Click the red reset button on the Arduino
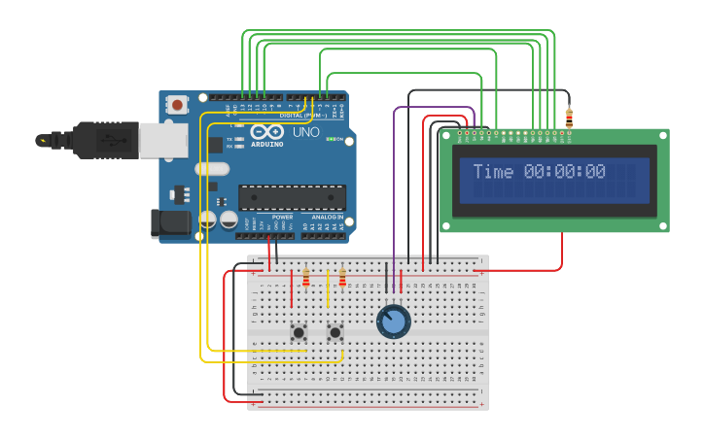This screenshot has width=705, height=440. pyautogui.click(x=178, y=103)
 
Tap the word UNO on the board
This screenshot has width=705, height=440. pyautogui.click(x=305, y=132)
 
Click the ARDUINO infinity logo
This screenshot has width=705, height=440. pyautogui.click(x=265, y=131)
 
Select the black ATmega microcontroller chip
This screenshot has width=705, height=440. pyautogui.click(x=292, y=197)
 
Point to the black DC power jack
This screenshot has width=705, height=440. pyautogui.click(x=171, y=223)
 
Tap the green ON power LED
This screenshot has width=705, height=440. pyautogui.click(x=330, y=140)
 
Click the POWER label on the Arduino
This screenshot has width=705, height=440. pyautogui.click(x=282, y=217)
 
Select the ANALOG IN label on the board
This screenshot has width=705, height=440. pyautogui.click(x=328, y=217)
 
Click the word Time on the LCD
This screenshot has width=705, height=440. pyautogui.click(x=493, y=172)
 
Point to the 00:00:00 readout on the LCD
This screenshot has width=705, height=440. pyautogui.click(x=565, y=172)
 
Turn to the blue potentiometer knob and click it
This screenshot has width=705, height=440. pyautogui.click(x=394, y=322)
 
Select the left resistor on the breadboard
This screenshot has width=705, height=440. pyautogui.click(x=306, y=280)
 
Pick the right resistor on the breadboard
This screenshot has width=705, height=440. pyautogui.click(x=342, y=280)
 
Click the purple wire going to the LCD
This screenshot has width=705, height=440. pyautogui.click(x=394, y=194)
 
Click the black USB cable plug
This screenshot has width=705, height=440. pyautogui.click(x=92, y=140)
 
